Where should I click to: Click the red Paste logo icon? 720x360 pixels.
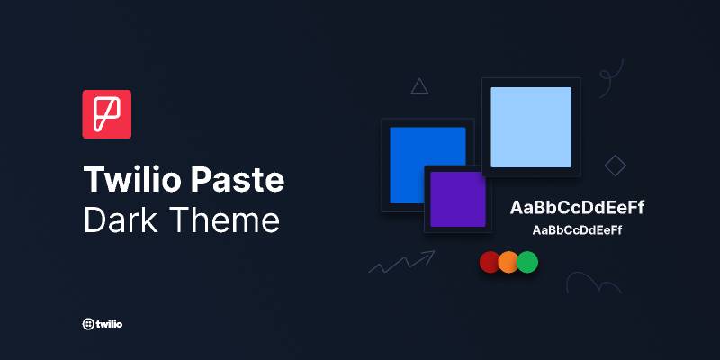[x=106, y=114]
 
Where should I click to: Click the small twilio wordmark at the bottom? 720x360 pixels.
[x=109, y=323]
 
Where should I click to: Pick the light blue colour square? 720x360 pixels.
[x=531, y=127]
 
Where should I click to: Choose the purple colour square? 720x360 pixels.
[x=457, y=199]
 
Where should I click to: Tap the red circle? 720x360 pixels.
[x=490, y=262]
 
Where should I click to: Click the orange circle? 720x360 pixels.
[x=508, y=262]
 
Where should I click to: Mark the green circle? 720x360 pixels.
[x=527, y=262]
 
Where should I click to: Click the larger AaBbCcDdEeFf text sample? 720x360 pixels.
[x=577, y=208]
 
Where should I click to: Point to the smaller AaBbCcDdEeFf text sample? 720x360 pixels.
[x=577, y=230]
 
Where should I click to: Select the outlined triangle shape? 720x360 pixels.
[x=419, y=86]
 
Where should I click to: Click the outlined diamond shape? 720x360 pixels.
[x=616, y=165]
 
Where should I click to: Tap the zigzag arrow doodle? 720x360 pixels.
[x=401, y=262]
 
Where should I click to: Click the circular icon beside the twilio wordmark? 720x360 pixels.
[x=87, y=323]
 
